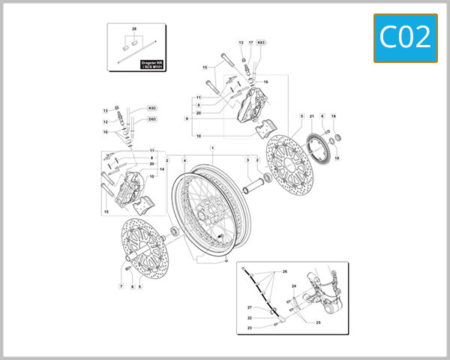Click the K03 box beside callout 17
tap(261, 43)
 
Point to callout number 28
tap(134, 28)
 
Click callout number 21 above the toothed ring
tap(311, 116)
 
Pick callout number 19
tap(336, 158)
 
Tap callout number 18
tap(334, 116)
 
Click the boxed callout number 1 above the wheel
tap(211, 148)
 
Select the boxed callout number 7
tap(120, 286)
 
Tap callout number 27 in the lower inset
tap(250, 307)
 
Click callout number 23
tap(250, 328)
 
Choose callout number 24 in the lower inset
tap(294, 286)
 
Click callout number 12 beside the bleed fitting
tap(105, 121)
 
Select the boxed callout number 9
tap(186, 118)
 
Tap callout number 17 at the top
tap(251, 43)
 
